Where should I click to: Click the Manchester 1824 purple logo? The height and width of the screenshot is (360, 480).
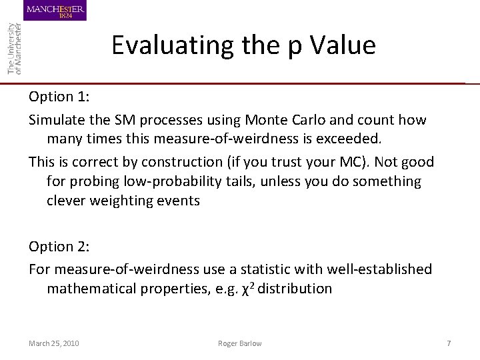pyautogui.click(x=55, y=11)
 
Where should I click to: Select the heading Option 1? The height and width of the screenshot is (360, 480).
pyautogui.click(x=59, y=97)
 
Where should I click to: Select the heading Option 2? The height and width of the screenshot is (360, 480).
pyautogui.click(x=59, y=247)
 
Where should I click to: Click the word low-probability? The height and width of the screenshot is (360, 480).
pyautogui.click(x=167, y=181)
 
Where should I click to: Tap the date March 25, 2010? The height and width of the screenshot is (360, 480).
pyautogui.click(x=54, y=343)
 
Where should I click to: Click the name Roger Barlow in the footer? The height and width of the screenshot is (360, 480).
pyautogui.click(x=239, y=343)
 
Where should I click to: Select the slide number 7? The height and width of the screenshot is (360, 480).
pyautogui.click(x=449, y=343)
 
